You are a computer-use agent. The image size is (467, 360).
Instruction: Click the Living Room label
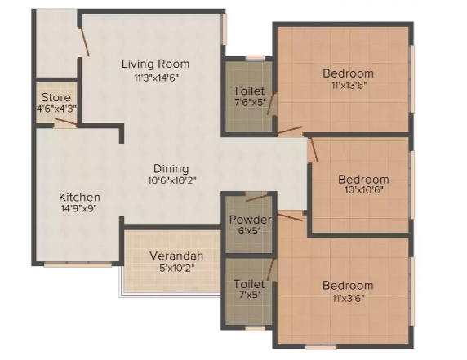point(155,64)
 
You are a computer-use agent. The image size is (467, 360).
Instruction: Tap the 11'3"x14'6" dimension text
point(155,78)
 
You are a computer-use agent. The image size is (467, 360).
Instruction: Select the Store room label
point(56,96)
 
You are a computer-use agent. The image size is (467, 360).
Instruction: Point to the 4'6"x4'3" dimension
point(56,109)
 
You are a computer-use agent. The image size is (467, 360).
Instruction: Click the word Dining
point(169,169)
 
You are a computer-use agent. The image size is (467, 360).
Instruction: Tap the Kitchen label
point(79,198)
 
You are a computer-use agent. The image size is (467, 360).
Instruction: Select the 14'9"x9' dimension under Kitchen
point(79,210)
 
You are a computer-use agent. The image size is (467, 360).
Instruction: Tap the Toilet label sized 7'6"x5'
point(248,91)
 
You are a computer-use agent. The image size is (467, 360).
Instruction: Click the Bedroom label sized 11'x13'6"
point(348,73)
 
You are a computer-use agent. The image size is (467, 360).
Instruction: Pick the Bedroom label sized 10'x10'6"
point(363,179)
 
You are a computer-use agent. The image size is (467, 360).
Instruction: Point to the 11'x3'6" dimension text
point(348,298)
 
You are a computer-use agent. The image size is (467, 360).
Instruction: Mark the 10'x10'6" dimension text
point(363,190)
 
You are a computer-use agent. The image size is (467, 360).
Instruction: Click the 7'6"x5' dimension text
point(248,104)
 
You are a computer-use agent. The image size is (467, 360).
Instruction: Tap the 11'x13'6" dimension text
point(348,86)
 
